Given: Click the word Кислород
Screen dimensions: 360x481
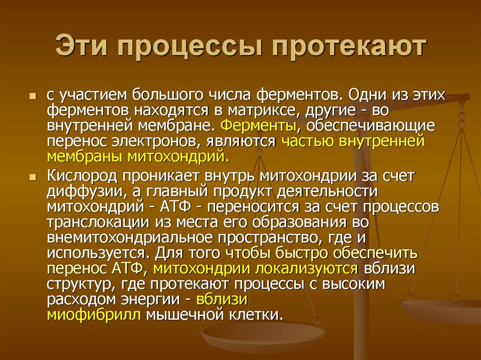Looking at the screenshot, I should [81, 176].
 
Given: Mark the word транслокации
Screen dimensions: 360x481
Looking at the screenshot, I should [91, 222].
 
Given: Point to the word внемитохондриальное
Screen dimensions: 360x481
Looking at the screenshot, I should [125, 237].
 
